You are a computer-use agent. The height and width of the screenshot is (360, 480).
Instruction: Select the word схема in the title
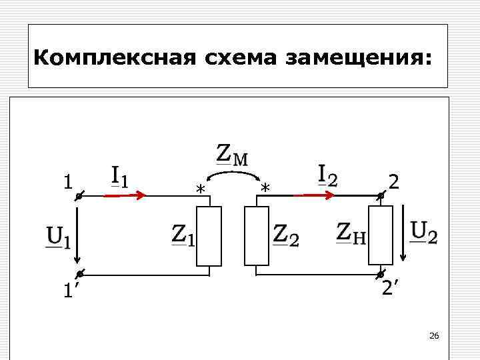[x=235, y=59]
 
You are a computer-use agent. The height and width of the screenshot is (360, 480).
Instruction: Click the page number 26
[x=434, y=335]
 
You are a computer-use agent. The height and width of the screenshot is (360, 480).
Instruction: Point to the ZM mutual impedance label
[x=233, y=155]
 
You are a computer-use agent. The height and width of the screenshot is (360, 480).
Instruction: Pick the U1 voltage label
[x=58, y=237]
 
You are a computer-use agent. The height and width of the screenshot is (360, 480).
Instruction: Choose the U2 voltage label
[x=424, y=233]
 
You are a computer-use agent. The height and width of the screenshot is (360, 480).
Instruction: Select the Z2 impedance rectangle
[x=257, y=237]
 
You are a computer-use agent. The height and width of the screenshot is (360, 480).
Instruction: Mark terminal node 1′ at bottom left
[x=79, y=274]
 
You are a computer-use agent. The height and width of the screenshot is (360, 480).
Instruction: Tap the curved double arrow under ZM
[x=233, y=175]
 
